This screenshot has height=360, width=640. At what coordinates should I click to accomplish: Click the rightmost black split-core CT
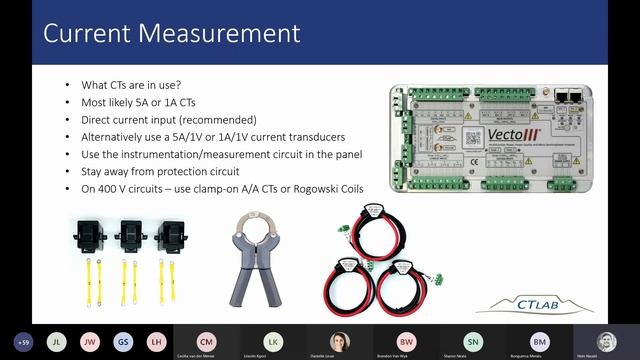(x=170, y=234)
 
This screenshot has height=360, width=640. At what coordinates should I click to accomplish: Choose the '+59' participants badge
(x=23, y=341)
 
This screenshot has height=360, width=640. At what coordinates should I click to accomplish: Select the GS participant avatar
(x=123, y=341)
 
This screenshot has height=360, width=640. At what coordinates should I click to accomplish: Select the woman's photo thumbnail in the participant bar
(x=340, y=340)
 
